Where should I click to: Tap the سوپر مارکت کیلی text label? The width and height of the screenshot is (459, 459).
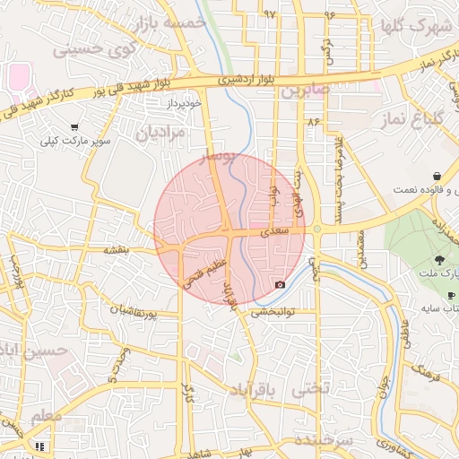[x=74, y=142]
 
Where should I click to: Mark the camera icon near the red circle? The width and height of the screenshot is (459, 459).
[x=280, y=285]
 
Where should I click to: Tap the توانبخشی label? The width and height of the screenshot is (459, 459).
[x=273, y=313]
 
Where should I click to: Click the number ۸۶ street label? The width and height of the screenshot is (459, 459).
[x=312, y=120]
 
